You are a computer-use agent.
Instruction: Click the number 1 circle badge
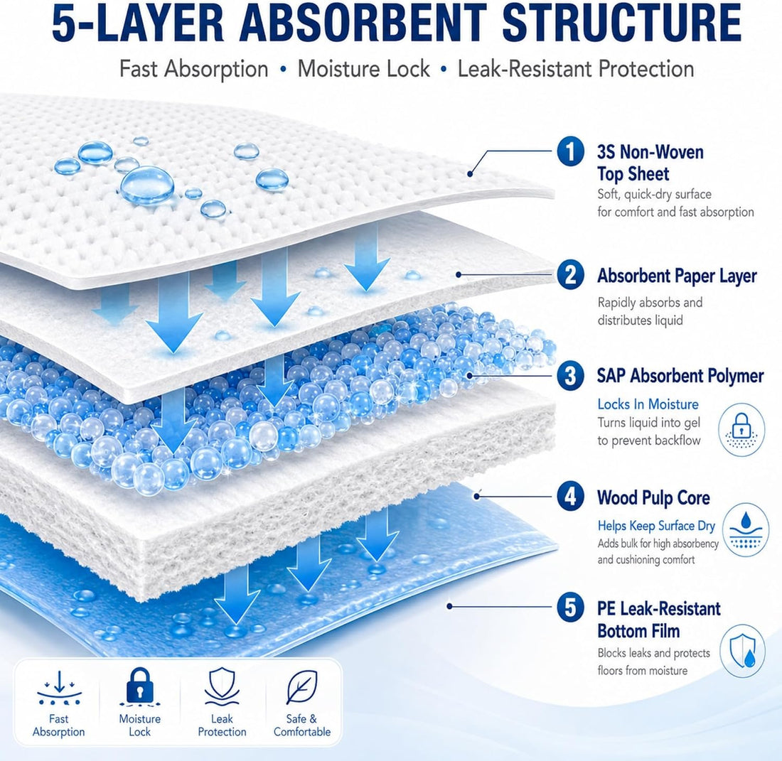(571, 151)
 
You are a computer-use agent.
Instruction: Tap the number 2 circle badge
(571, 274)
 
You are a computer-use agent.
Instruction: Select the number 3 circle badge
(571, 376)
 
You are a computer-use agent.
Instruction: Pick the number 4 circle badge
(571, 497)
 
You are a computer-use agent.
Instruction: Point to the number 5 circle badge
(571, 608)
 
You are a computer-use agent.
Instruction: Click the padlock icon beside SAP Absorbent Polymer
(741, 429)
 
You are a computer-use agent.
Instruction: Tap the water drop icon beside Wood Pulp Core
(746, 530)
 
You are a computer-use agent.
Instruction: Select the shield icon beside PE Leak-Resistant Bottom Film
(743, 650)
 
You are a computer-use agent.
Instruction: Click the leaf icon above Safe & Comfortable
(301, 687)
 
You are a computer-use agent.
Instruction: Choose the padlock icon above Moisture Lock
(139, 687)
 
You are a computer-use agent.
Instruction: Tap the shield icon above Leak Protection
(222, 687)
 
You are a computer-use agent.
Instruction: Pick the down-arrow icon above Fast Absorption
(59, 689)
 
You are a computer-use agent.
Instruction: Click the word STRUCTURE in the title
(621, 23)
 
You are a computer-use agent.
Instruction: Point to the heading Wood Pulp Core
(653, 498)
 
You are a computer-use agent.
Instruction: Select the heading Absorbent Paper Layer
(677, 276)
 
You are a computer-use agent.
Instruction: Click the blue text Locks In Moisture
(648, 404)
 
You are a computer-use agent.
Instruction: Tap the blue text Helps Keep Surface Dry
(656, 526)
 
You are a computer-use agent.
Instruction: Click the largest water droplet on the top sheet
(147, 186)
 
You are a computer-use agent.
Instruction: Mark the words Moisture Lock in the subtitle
(363, 69)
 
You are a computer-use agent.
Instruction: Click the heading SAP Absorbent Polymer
(680, 377)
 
